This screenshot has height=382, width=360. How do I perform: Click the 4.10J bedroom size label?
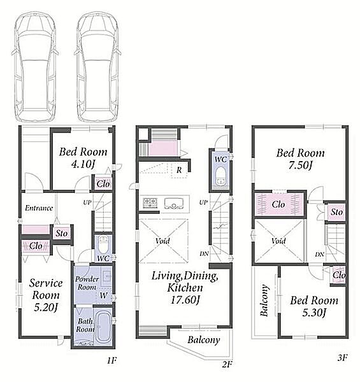[83, 164]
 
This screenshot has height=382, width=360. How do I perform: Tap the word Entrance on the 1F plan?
[39, 208]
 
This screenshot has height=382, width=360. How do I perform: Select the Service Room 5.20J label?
[46, 295]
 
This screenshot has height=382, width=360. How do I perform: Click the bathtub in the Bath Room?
[103, 327]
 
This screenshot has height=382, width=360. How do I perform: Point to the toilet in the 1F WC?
[103, 244]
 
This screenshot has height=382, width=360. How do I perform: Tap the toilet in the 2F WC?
[221, 176]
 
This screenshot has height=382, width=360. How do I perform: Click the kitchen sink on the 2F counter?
[173, 204]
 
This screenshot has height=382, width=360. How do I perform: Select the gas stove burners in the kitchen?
[150, 203]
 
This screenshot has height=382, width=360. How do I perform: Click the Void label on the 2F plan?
[162, 241]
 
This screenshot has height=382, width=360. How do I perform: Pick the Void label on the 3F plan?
[278, 241]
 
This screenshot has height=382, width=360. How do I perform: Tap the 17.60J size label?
[185, 300]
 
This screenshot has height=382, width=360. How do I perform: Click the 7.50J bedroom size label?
[300, 166]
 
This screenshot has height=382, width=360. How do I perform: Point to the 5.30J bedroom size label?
[314, 313]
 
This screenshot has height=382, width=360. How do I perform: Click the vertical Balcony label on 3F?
[264, 300]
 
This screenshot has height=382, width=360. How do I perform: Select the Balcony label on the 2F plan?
[204, 340]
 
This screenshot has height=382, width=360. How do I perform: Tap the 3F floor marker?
[342, 358]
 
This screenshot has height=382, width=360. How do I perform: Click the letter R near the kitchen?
[179, 170]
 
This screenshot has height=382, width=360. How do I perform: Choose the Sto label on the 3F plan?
[336, 212]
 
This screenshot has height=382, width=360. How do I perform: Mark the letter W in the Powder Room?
[103, 295]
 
